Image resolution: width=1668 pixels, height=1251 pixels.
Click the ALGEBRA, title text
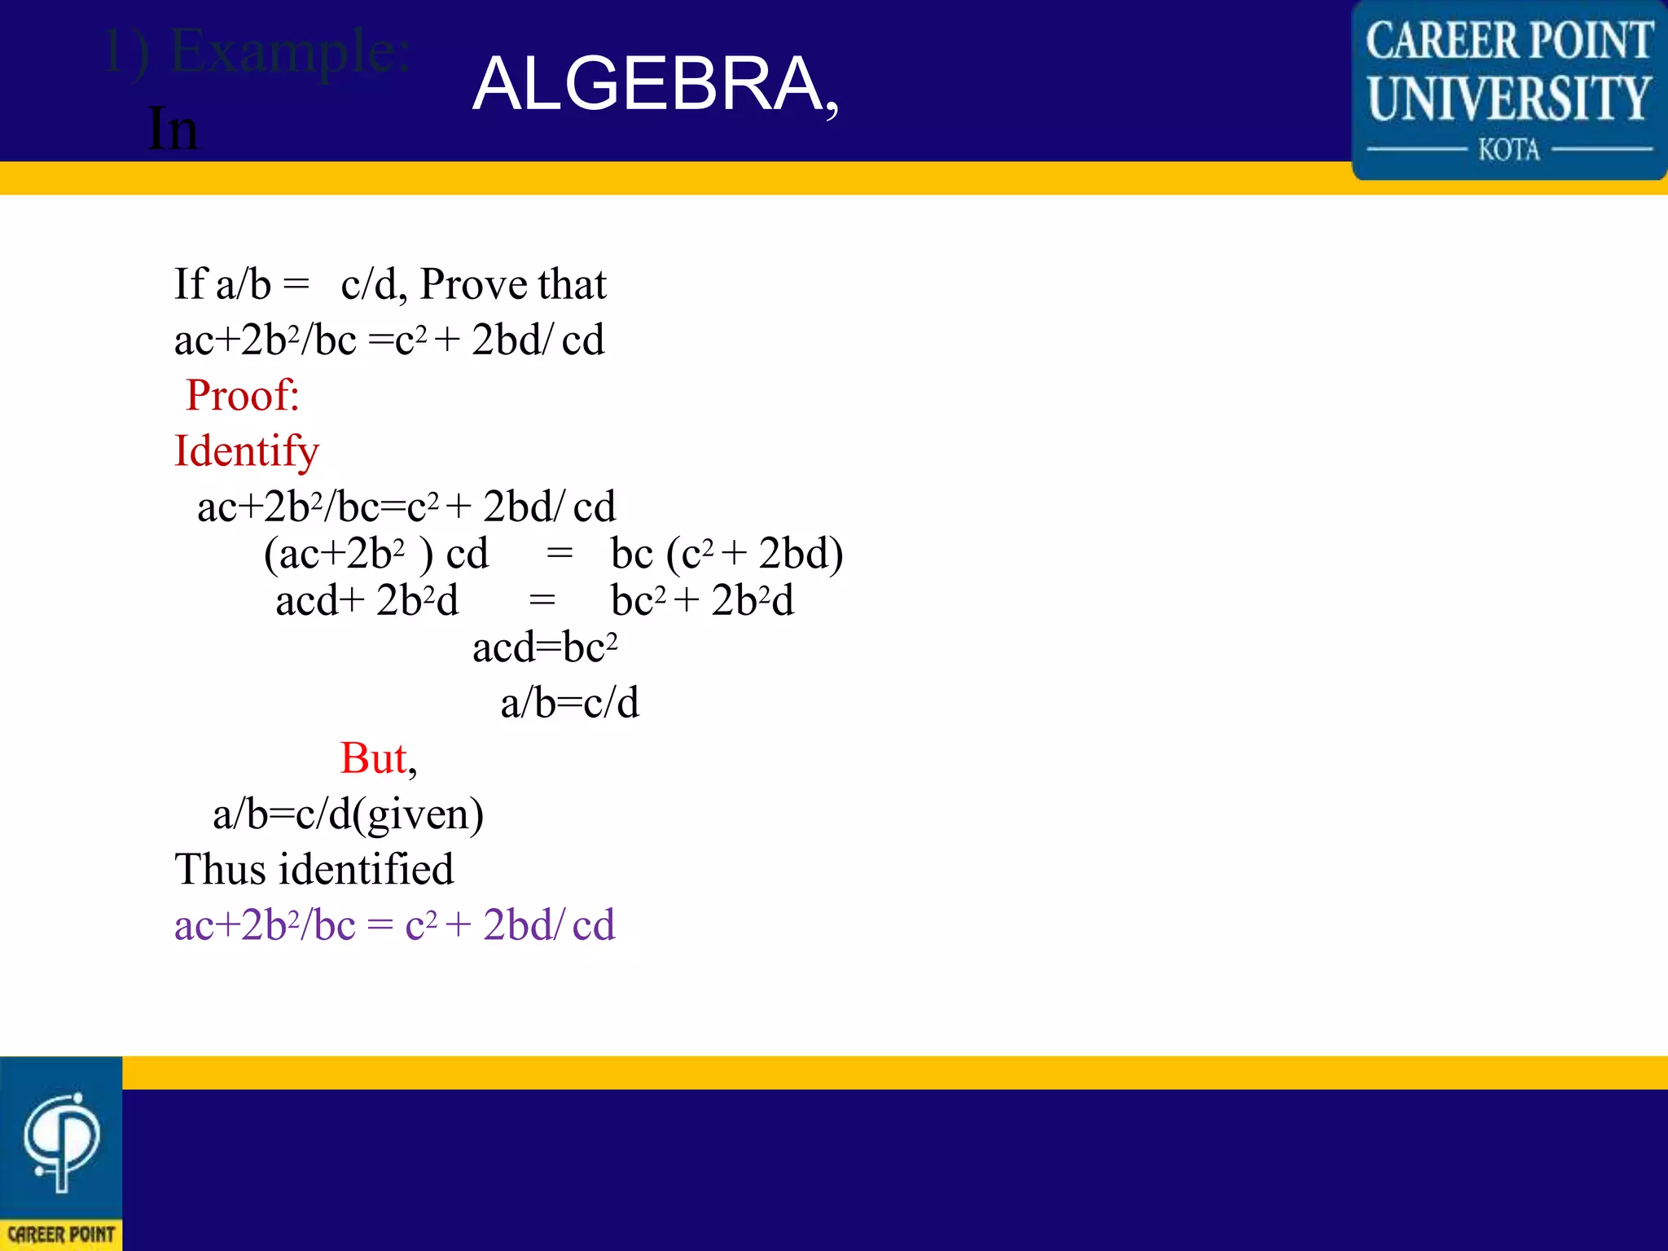coord(656,85)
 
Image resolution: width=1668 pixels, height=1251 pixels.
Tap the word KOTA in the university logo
coord(1509,150)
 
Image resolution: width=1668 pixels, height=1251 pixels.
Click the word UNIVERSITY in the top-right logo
coord(1509,98)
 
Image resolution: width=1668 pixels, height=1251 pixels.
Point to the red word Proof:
coord(243,396)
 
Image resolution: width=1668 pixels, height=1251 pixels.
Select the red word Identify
coord(247,451)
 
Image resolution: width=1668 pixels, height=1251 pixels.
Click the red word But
coord(373,758)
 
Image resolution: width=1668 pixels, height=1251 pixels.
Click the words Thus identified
coord(314,869)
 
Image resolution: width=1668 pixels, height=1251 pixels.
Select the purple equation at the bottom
coord(395,925)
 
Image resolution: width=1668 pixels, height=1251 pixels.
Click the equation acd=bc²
coord(545,648)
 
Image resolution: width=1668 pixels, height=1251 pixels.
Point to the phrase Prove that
coord(513,284)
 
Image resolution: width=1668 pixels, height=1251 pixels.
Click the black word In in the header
coord(173,129)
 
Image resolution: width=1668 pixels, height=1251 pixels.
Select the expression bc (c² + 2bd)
coord(726,554)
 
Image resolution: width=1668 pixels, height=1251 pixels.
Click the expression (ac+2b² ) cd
coord(375,554)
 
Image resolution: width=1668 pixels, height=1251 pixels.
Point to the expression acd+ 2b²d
coord(367,601)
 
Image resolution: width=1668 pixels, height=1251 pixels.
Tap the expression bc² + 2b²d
coord(702,601)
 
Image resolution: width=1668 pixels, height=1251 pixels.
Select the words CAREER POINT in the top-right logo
coord(1509,41)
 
